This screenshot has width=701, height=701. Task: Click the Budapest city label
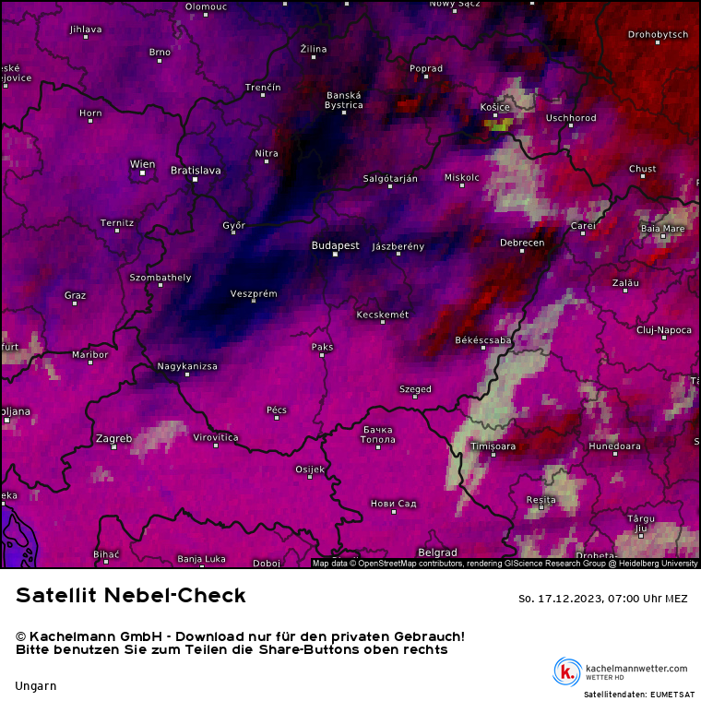(x=335, y=245)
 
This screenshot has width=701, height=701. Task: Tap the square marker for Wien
(x=142, y=172)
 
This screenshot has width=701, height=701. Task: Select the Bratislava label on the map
(x=196, y=170)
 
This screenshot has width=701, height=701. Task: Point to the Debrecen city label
(x=522, y=243)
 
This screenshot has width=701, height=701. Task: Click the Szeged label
(x=415, y=389)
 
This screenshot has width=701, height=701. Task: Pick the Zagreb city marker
(x=114, y=447)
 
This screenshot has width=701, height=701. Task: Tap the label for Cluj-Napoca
(x=663, y=329)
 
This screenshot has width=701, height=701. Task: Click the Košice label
(x=495, y=107)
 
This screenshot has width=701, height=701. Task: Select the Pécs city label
(x=277, y=410)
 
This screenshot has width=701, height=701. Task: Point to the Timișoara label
(x=493, y=446)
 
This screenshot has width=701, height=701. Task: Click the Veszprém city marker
(x=254, y=302)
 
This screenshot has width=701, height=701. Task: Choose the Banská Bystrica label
(x=344, y=100)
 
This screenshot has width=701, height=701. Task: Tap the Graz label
(x=76, y=295)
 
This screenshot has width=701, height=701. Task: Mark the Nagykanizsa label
(x=187, y=366)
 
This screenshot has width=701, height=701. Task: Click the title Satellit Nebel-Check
(x=131, y=596)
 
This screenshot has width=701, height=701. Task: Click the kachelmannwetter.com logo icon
(x=567, y=671)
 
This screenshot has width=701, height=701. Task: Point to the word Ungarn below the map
(x=36, y=685)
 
